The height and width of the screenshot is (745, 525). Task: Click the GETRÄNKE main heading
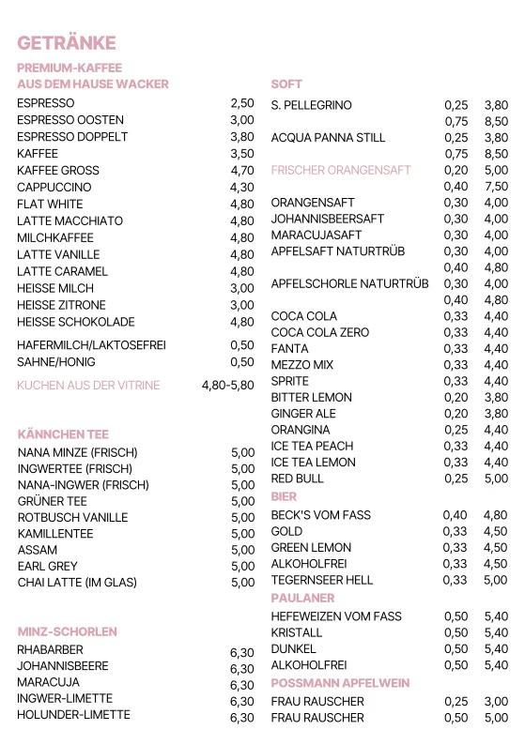pyautogui.click(x=67, y=43)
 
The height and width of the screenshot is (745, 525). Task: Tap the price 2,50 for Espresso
pyautogui.click(x=242, y=103)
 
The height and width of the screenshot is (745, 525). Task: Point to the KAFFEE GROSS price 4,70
pyautogui.click(x=242, y=171)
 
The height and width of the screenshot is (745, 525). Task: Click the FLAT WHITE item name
pyautogui.click(x=50, y=205)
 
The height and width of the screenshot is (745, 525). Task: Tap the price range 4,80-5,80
pyautogui.click(x=228, y=386)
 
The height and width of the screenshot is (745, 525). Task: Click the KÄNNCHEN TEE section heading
pyautogui.click(x=63, y=434)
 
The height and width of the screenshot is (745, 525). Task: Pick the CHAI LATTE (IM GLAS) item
pyautogui.click(x=77, y=583)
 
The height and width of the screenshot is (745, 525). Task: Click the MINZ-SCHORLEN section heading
pyautogui.click(x=68, y=631)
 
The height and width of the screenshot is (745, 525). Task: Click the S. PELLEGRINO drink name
pyautogui.click(x=311, y=105)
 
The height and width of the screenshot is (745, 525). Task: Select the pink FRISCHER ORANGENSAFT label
pyautogui.click(x=341, y=171)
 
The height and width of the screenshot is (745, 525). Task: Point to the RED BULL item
pyautogui.click(x=297, y=479)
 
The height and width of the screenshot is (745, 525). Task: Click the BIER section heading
pyautogui.click(x=285, y=495)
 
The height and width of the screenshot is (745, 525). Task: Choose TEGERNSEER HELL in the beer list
pyautogui.click(x=321, y=581)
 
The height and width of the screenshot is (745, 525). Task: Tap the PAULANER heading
pyautogui.click(x=302, y=598)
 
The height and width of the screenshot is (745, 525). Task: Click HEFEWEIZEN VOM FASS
pyautogui.click(x=335, y=616)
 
